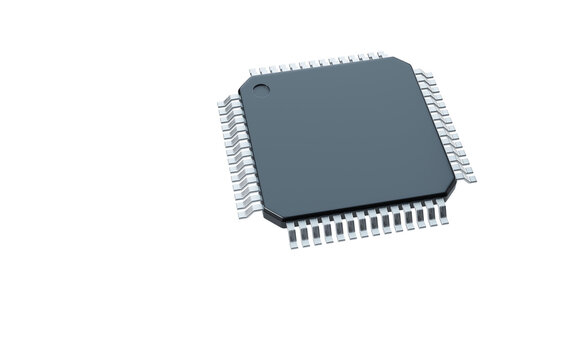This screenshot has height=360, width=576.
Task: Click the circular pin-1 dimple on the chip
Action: click(x=260, y=94)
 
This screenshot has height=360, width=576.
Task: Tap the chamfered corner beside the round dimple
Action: click(x=245, y=81)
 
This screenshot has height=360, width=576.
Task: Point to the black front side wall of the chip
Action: click(x=360, y=212)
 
